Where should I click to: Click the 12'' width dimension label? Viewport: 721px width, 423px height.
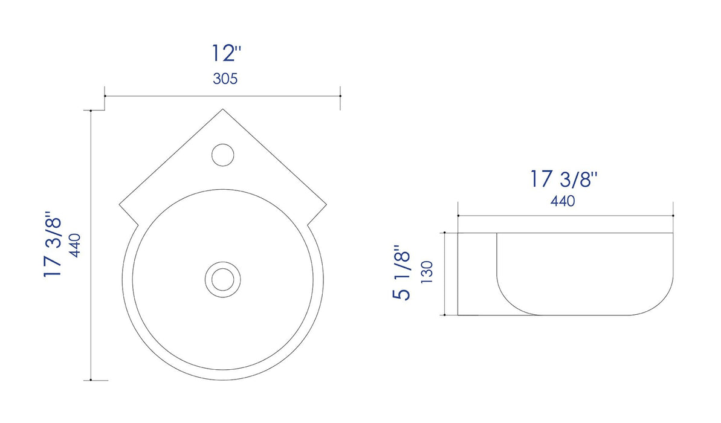[226, 53]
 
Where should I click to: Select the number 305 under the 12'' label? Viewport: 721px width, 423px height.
[225, 79]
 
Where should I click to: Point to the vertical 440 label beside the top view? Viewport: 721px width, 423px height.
[76, 245]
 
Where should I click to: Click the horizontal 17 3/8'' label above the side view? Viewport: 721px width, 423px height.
[564, 179]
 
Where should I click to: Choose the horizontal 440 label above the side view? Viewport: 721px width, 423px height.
[562, 202]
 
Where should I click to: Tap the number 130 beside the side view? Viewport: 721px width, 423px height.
[426, 273]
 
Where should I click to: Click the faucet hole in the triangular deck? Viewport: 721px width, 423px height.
[222, 154]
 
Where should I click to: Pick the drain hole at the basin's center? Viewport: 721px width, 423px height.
[222, 279]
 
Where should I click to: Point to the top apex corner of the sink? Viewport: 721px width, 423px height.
[223, 109]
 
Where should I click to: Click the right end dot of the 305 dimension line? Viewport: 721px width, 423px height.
[341, 96]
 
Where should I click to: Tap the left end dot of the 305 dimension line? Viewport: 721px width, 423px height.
[105, 96]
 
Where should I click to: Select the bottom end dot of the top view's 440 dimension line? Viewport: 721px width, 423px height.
[91, 380]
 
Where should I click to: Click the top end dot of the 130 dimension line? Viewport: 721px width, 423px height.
[445, 233]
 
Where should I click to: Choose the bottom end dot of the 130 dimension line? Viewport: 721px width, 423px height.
[445, 315]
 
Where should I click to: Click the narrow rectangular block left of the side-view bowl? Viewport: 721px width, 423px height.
[477, 274]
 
